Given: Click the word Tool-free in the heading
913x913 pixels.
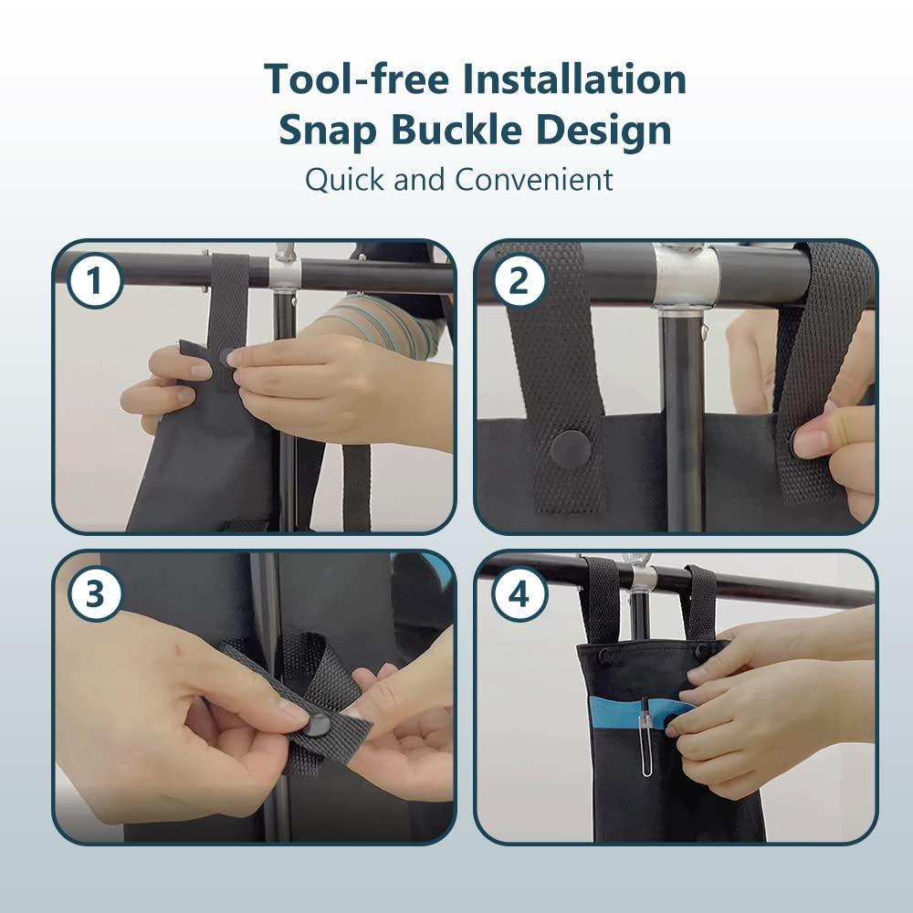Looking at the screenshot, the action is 356,79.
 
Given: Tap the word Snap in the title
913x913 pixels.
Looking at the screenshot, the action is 327,130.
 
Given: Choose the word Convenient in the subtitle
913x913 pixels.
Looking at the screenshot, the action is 533,179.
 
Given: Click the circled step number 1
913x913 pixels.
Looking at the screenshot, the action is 94,280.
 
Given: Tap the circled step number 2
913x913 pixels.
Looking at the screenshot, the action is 519,280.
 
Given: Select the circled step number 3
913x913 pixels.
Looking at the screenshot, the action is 94,594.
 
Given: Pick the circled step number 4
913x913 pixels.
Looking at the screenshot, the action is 519,594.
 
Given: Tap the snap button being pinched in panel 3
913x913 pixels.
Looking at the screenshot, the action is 319,725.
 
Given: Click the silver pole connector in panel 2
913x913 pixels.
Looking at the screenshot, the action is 686,275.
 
